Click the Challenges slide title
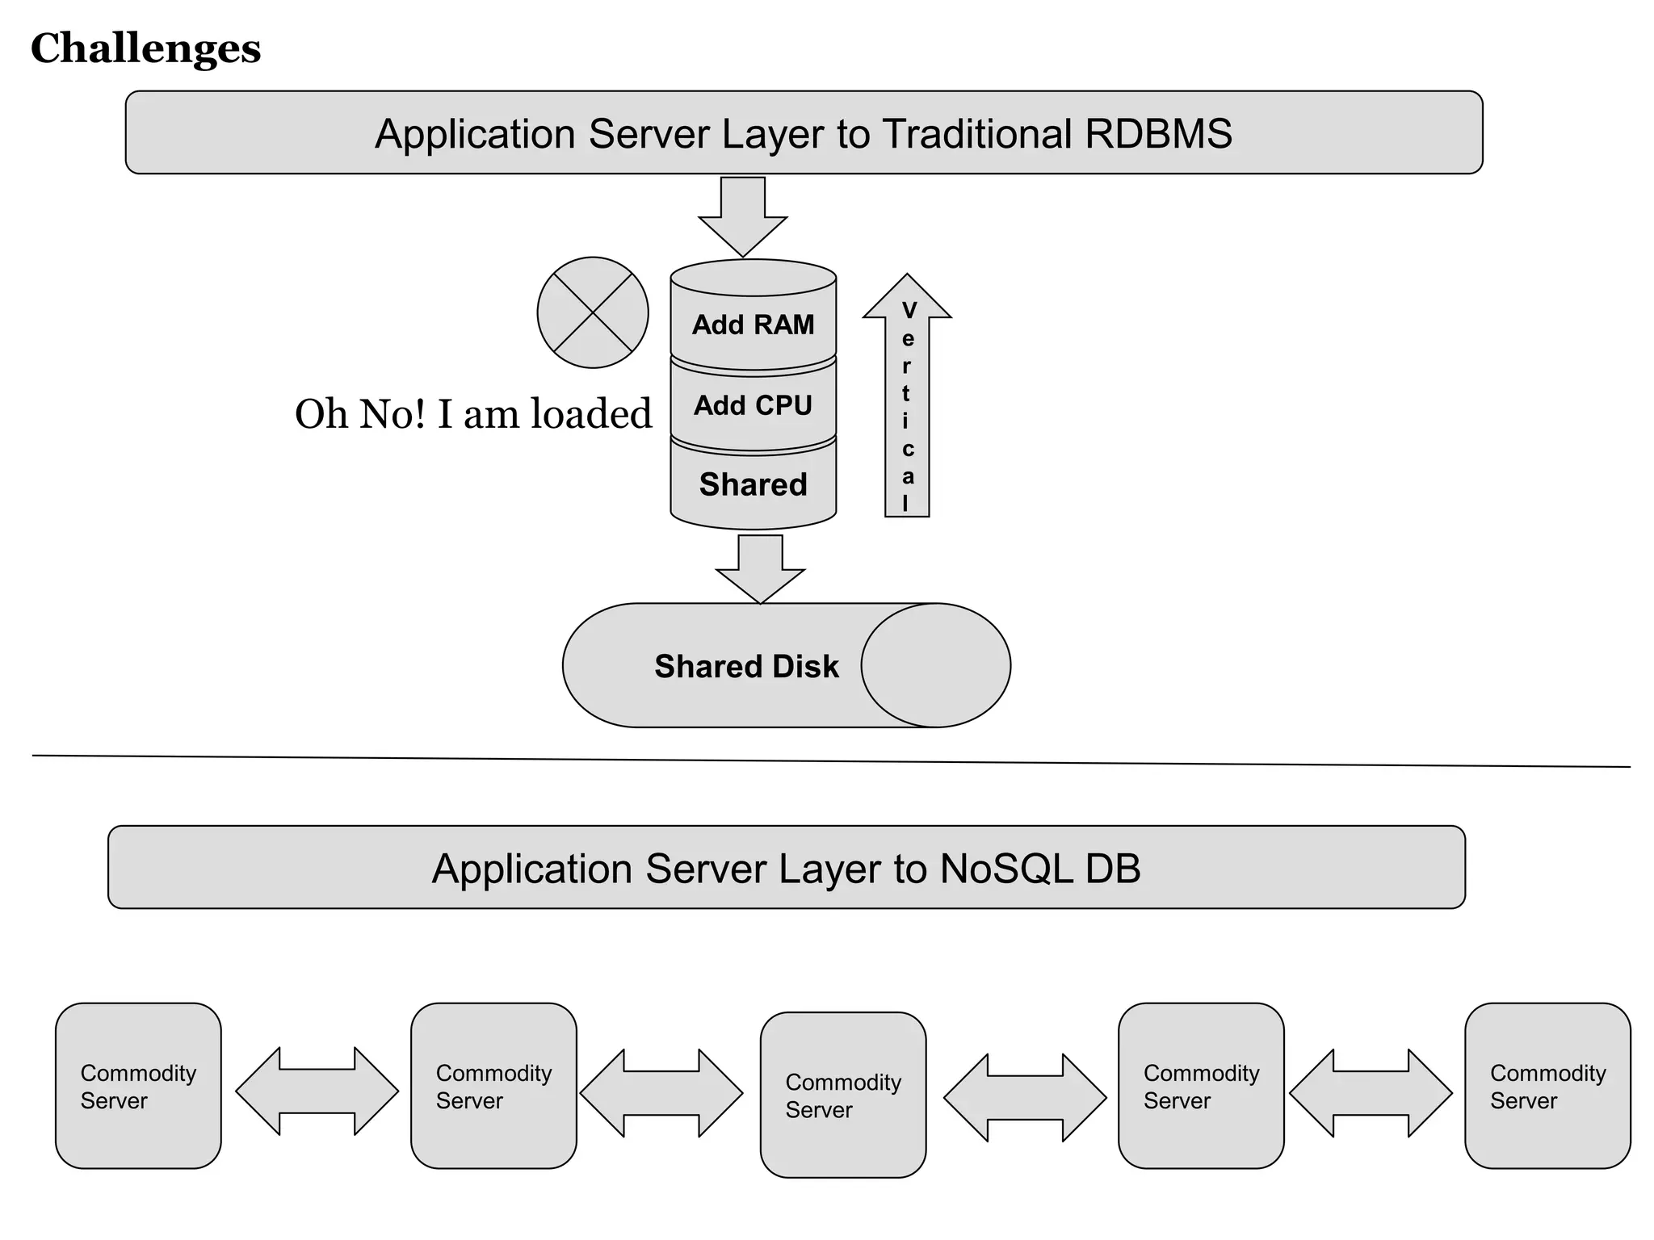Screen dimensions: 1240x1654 click(145, 48)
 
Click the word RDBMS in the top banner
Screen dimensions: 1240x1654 click(1158, 134)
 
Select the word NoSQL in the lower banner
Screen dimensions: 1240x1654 click(1006, 869)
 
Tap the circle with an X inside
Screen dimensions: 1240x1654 click(593, 313)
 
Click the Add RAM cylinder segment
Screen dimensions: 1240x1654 click(753, 325)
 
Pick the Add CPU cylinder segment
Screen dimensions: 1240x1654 click(753, 405)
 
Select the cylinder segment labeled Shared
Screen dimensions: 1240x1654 click(753, 485)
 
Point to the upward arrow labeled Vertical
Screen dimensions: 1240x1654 click(907, 404)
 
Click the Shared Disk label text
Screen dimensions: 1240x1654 click(746, 667)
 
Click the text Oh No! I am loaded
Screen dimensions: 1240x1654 click(473, 414)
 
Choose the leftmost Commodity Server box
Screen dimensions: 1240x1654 click(138, 1086)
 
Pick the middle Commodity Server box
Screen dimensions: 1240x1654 click(843, 1095)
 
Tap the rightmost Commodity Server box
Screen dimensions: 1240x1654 click(1547, 1086)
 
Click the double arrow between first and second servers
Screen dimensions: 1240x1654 click(317, 1091)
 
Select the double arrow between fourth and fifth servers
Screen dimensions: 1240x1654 click(1371, 1094)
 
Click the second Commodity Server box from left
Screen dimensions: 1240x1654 click(493, 1086)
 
